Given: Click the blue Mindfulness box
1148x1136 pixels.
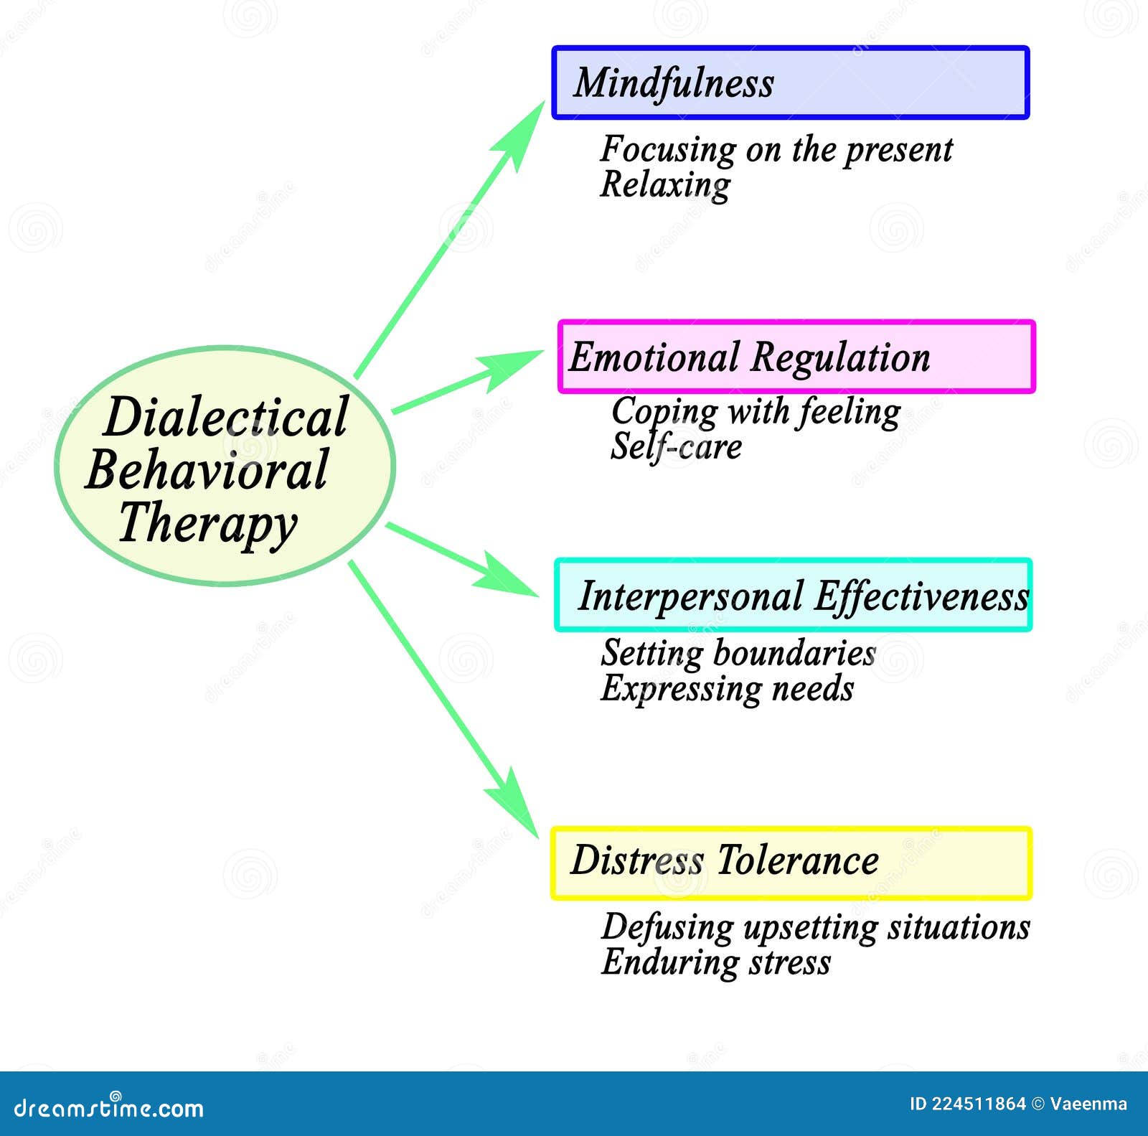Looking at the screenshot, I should (x=790, y=83).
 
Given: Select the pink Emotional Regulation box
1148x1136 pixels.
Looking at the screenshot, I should (x=796, y=357).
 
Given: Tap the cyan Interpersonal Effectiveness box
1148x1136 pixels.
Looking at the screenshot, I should (x=793, y=595).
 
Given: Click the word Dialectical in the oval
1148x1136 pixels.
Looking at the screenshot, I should (x=225, y=417).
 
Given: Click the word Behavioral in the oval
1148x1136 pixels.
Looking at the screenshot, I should (x=207, y=470).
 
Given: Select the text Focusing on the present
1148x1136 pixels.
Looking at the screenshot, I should (x=776, y=150).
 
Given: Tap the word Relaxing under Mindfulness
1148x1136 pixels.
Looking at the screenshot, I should (x=665, y=185).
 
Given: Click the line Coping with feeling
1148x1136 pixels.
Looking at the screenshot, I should (x=756, y=412).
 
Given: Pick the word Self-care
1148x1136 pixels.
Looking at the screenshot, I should (x=676, y=446).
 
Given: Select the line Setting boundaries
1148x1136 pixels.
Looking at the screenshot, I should (x=738, y=653).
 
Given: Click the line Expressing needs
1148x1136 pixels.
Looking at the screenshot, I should (x=727, y=688).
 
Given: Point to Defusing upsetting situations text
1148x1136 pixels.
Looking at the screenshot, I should (x=816, y=926).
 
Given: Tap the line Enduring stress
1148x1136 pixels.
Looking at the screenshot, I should (x=716, y=962).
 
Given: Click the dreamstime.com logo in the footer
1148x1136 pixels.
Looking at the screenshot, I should (x=109, y=1108).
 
